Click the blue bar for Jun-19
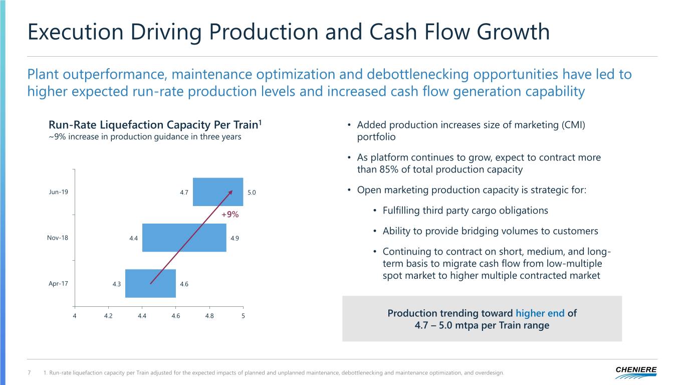pyautogui.click(x=218, y=192)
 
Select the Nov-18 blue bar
pyautogui.click(x=184, y=238)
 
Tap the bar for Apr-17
pyautogui.click(x=150, y=283)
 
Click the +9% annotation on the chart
pyautogui.click(x=230, y=215)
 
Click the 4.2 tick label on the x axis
pyautogui.click(x=108, y=316)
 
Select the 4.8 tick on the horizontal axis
pyautogui.click(x=209, y=316)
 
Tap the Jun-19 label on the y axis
pyautogui.click(x=58, y=192)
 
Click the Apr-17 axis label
pyautogui.click(x=58, y=284)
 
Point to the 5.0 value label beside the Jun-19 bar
pyautogui.click(x=252, y=192)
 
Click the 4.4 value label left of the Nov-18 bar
pyautogui.click(x=133, y=238)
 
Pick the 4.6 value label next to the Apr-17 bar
pyautogui.click(x=184, y=284)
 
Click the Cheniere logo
pyautogui.click(x=636, y=372)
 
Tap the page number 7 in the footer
pyautogui.click(x=29, y=373)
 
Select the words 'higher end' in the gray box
pyautogui.click(x=540, y=313)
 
